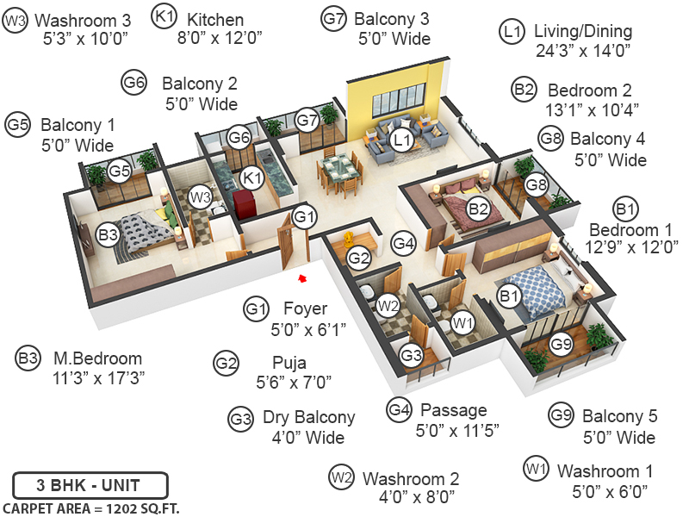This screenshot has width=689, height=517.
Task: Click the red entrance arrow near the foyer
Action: (301, 277)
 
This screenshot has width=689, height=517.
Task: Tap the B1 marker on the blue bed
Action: (509, 296)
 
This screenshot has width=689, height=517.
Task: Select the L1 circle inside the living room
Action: (400, 139)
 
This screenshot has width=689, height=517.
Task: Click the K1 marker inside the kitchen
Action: (251, 178)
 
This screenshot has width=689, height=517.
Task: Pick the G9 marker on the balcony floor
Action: (561, 345)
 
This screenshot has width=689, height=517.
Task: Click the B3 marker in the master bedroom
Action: (108, 234)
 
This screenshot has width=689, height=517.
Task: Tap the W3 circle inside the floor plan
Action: (200, 198)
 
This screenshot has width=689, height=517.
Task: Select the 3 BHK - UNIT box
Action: (90, 483)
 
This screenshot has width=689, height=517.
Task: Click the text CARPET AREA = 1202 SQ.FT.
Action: (91, 507)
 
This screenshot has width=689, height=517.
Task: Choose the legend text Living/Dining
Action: (582, 31)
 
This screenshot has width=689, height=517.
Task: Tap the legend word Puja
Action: (289, 363)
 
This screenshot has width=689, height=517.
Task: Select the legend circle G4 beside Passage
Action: (398, 408)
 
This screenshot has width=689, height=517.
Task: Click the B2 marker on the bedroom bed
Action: (478, 208)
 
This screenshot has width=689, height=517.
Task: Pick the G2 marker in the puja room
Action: (358, 256)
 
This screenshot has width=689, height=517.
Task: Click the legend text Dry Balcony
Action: (308, 418)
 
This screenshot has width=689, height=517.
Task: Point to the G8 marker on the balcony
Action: (537, 184)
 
